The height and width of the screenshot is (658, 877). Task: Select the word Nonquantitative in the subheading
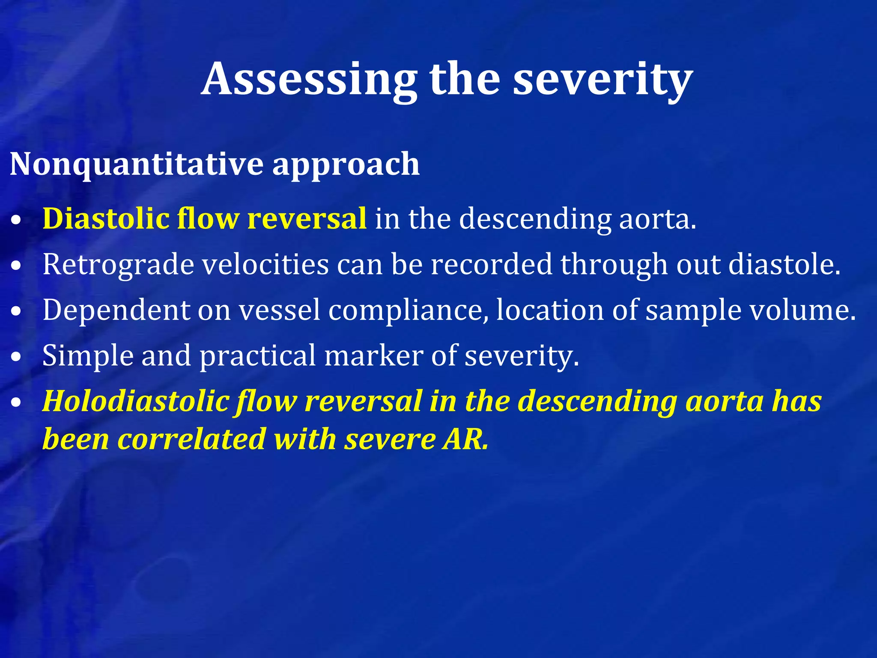pyautogui.click(x=137, y=164)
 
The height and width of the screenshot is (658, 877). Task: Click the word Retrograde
pyautogui.click(x=118, y=265)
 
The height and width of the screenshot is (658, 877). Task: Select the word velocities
pyautogui.click(x=265, y=264)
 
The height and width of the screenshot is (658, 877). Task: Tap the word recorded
pyautogui.click(x=492, y=264)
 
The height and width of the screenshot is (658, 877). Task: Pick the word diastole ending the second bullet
pyautogui.click(x=784, y=264)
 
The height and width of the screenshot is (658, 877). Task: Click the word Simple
pyautogui.click(x=88, y=356)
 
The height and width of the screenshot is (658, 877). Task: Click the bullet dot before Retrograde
pyautogui.click(x=16, y=266)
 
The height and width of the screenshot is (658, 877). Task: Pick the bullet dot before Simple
pyautogui.click(x=16, y=357)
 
